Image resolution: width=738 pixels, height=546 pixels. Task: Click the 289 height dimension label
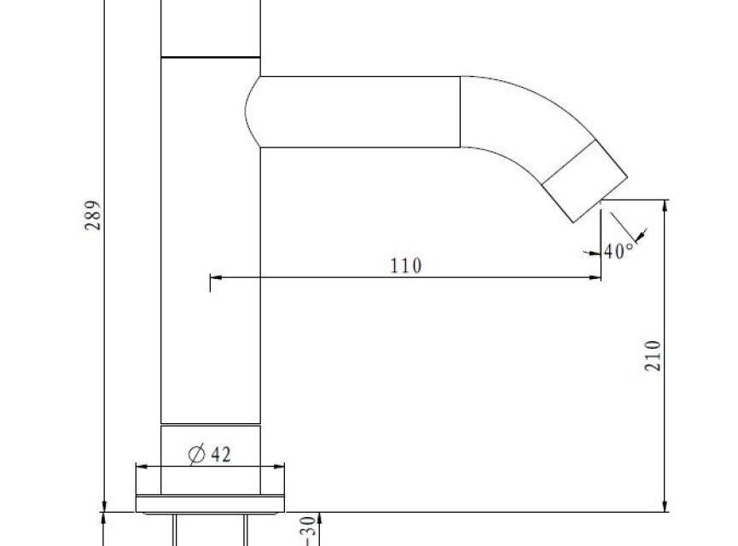(x=93, y=216)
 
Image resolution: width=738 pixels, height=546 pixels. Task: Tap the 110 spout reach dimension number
(x=406, y=266)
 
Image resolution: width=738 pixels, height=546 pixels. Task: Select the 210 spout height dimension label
(x=653, y=356)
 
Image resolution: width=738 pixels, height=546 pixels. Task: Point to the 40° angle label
(x=619, y=251)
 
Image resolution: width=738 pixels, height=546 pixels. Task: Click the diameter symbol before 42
(x=197, y=454)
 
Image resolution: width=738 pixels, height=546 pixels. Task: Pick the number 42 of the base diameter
(x=221, y=455)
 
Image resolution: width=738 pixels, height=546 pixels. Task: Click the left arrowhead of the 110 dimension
(x=216, y=278)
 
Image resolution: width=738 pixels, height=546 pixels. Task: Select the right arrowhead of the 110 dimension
(x=595, y=278)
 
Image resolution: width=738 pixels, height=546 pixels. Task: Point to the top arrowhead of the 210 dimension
(x=665, y=206)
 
